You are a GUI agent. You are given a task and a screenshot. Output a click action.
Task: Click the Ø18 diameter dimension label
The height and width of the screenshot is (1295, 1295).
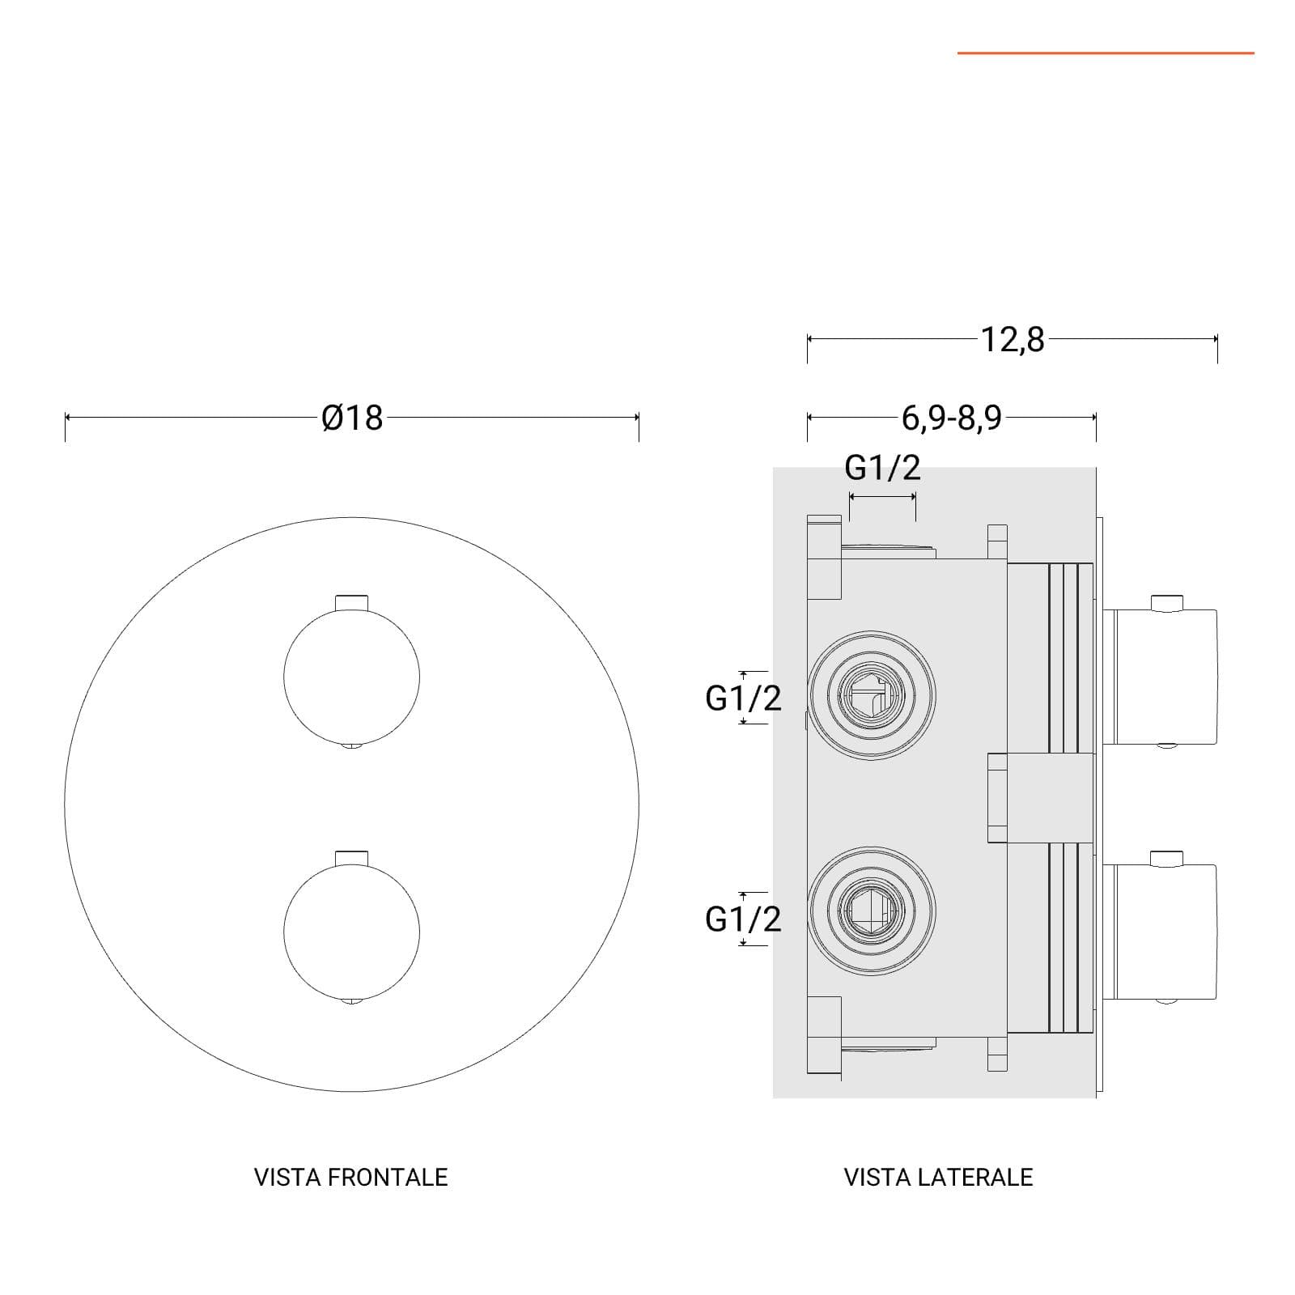[352, 418]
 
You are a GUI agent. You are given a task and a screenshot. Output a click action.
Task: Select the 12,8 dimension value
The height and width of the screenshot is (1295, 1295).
[1013, 340]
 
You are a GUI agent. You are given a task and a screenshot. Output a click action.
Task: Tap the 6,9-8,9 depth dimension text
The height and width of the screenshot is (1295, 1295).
[952, 418]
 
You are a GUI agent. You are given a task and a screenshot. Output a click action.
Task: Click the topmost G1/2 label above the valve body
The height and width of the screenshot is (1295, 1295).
[883, 468]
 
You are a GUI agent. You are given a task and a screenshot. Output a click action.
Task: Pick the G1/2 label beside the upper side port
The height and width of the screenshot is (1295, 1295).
[744, 698]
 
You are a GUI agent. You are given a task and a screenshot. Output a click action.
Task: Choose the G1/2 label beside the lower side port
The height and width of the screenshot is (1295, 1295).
[744, 919]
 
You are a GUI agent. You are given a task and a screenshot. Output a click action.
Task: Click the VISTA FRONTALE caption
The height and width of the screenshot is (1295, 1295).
[350, 1177]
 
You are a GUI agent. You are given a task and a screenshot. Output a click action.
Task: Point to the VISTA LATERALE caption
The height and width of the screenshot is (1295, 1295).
[938, 1177]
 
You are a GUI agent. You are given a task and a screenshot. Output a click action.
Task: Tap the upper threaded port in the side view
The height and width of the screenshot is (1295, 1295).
[872, 695]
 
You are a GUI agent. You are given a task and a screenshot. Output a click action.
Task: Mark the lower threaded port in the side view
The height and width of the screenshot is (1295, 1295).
[872, 911]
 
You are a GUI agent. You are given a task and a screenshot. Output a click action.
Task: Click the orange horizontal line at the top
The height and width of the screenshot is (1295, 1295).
[1106, 53]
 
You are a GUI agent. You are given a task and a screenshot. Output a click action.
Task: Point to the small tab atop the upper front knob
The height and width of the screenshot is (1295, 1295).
[352, 602]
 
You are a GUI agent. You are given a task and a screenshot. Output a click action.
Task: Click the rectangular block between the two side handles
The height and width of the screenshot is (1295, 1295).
[1041, 798]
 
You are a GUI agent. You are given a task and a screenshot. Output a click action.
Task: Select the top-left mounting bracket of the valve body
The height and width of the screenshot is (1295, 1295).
[825, 557]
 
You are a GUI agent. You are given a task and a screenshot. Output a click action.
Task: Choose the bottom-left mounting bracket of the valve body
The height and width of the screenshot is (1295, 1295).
[825, 1036]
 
